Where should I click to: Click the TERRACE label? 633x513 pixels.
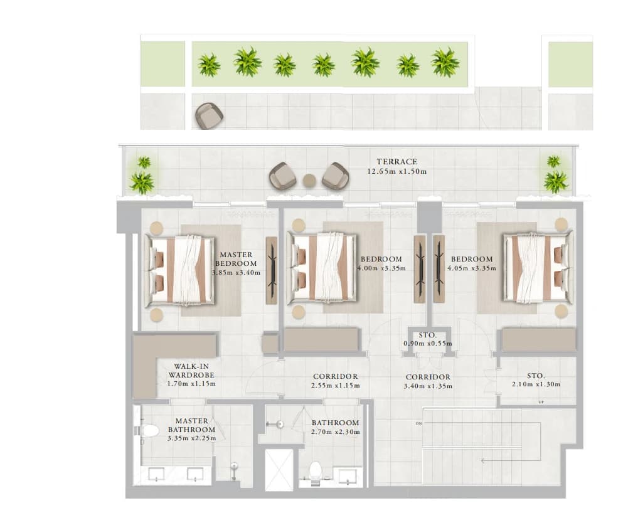[397, 162]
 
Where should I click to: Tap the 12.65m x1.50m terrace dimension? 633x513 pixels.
[397, 172]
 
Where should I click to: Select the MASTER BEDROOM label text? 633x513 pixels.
[236, 259]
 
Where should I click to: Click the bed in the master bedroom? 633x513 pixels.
[179, 269]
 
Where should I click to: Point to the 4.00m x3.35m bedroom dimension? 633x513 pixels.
[381, 268]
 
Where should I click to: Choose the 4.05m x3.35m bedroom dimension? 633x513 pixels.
[472, 268]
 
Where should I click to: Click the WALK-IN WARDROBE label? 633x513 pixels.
[192, 371]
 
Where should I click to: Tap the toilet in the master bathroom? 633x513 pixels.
[148, 430]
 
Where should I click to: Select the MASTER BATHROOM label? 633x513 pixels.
[192, 425]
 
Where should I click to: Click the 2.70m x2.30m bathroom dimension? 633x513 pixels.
[336, 432]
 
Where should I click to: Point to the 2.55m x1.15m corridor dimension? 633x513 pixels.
[336, 386]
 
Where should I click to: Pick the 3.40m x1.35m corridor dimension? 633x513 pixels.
[428, 386]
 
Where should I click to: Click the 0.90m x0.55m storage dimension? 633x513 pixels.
[428, 344]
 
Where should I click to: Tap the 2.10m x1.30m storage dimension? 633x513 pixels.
[536, 384]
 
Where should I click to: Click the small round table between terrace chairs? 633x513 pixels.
[309, 180]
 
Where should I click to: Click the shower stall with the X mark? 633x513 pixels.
[279, 470]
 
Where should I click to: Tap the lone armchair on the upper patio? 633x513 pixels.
[209, 116]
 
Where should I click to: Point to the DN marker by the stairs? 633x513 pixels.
[418, 423]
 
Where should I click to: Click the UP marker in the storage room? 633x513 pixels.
[541, 402]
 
